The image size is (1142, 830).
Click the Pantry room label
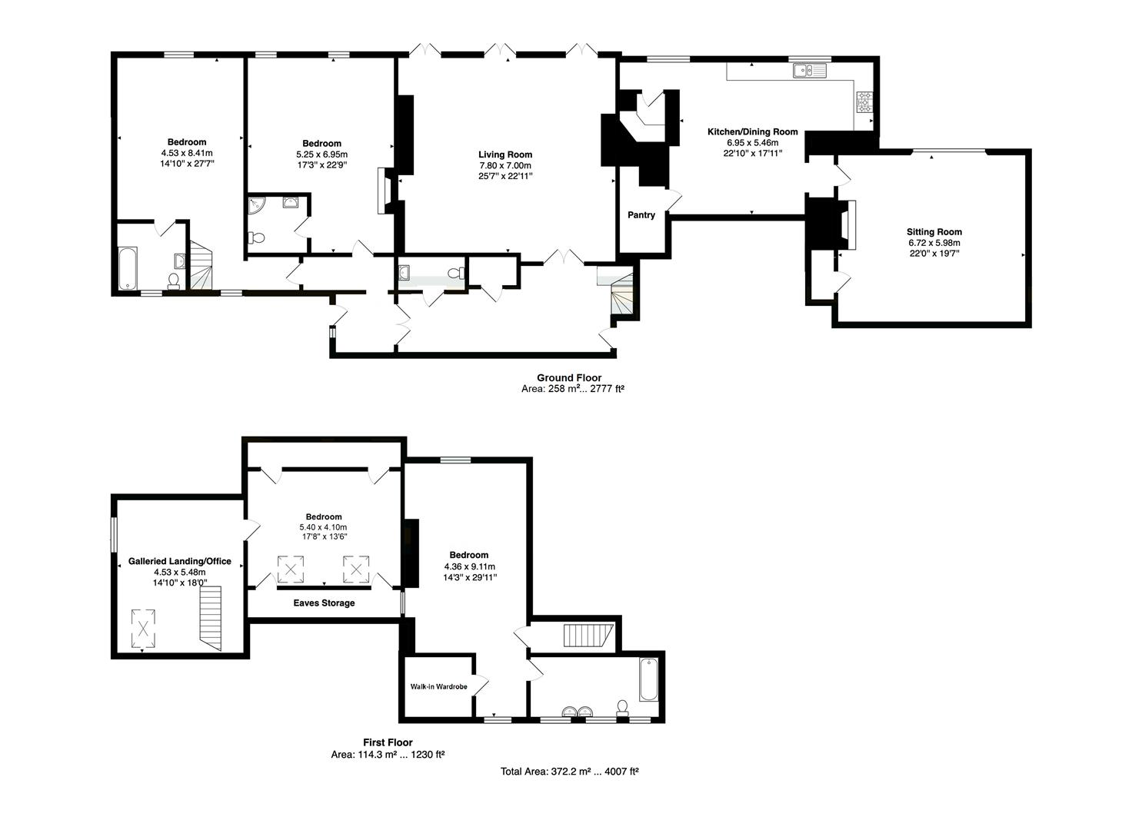tap(641, 215)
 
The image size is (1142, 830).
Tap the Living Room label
tap(505, 154)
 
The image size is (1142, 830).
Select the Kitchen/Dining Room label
tap(753, 131)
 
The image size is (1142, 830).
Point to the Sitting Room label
tap(934, 232)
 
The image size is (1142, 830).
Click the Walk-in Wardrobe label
tap(438, 686)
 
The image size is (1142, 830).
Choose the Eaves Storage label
tap(324, 603)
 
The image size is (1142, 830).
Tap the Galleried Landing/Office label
tap(179, 561)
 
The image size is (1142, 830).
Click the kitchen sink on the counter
tap(810, 70)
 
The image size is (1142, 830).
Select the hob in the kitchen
tap(864, 101)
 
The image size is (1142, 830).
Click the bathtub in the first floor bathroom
tap(648, 679)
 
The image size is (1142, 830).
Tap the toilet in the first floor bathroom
tap(622, 709)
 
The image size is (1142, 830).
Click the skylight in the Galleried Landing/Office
tap(143, 629)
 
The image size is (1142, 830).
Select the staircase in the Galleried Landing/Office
tap(211, 619)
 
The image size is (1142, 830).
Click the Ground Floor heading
tap(569, 377)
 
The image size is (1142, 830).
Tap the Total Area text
tap(570, 771)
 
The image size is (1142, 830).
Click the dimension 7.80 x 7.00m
tap(505, 165)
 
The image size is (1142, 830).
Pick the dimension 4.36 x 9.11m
tap(470, 566)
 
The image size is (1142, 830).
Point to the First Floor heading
tap(388, 742)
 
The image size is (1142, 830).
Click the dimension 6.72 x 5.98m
tap(934, 243)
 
